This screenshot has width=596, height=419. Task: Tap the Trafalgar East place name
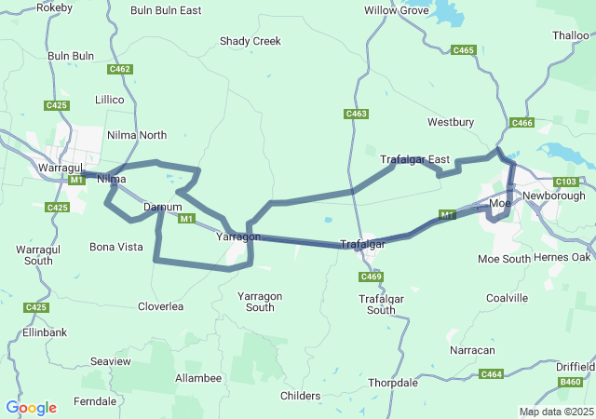click(414, 160)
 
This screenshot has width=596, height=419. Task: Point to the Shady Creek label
click(250, 41)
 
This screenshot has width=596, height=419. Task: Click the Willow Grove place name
click(397, 11)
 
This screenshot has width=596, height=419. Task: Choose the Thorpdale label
click(393, 383)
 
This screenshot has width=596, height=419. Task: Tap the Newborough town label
click(553, 196)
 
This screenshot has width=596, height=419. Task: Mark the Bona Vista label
click(115, 247)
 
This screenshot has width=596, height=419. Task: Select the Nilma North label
click(137, 135)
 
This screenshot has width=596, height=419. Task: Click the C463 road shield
click(356, 115)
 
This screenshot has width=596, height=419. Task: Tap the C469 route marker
click(371, 277)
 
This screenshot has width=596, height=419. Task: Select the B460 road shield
click(570, 382)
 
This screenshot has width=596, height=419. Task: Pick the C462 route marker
click(119, 69)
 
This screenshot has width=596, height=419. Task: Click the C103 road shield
click(564, 182)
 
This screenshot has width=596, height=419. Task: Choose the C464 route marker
click(491, 373)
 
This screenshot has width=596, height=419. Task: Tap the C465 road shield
click(464, 50)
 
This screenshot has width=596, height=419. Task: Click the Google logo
click(31, 408)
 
